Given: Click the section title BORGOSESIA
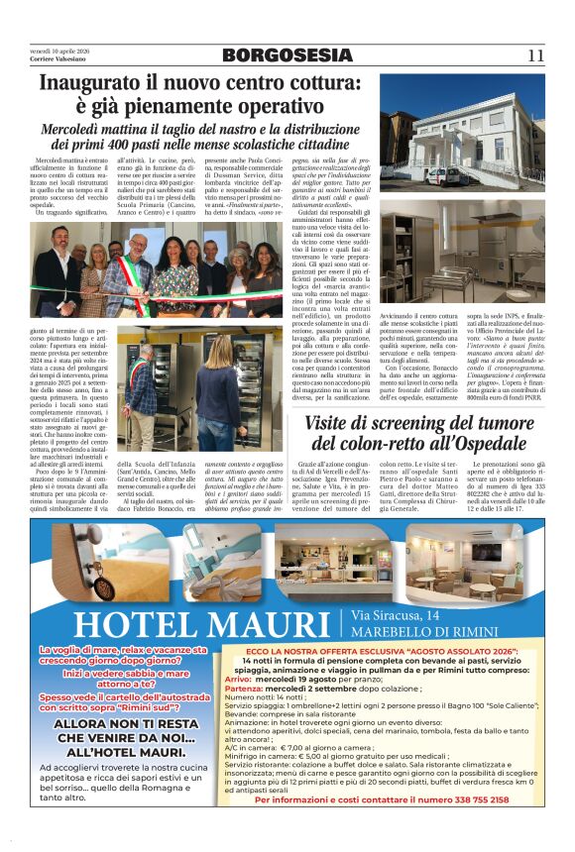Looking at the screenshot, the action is point(285,55).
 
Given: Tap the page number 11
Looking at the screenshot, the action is point(536,55).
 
